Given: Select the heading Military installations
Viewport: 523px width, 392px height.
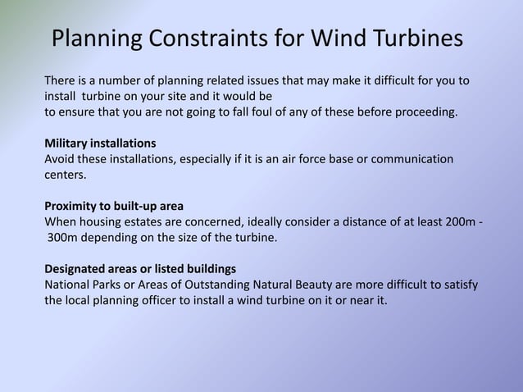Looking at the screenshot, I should pyautogui.click(x=100, y=143).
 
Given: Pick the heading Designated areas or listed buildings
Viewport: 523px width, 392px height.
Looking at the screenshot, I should pyautogui.click(x=140, y=269).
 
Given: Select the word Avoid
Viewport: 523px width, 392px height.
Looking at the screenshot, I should pyautogui.click(x=60, y=158).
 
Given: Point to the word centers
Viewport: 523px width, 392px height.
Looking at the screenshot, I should pyautogui.click(x=65, y=174).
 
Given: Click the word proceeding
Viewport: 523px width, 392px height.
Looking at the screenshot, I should pyautogui.click(x=425, y=112).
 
